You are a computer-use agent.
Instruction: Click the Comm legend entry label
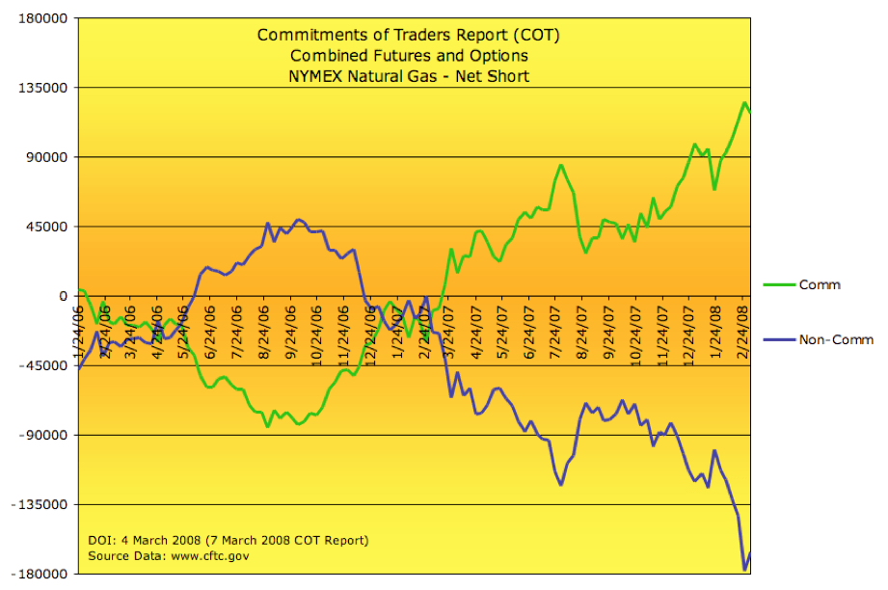(820, 284)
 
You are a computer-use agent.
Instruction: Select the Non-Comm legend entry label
(835, 339)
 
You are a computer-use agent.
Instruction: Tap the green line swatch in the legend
(773, 284)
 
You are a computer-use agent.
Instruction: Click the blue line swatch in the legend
(773, 339)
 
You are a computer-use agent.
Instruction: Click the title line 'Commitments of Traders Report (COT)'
(408, 36)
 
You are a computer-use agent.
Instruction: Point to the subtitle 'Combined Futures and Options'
(408, 56)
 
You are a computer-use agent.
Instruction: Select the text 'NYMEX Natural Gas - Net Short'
(408, 76)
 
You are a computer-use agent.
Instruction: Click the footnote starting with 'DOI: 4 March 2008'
(228, 540)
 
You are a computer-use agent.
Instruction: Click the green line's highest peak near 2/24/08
(744, 102)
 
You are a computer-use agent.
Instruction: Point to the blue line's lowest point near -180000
(744, 570)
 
